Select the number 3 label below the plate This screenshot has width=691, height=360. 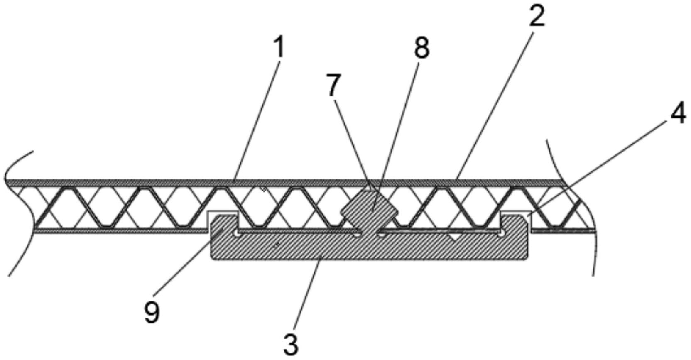pos(291,344)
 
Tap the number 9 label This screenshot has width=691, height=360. pos(152,312)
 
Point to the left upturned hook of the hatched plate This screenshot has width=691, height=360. pos(223,226)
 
